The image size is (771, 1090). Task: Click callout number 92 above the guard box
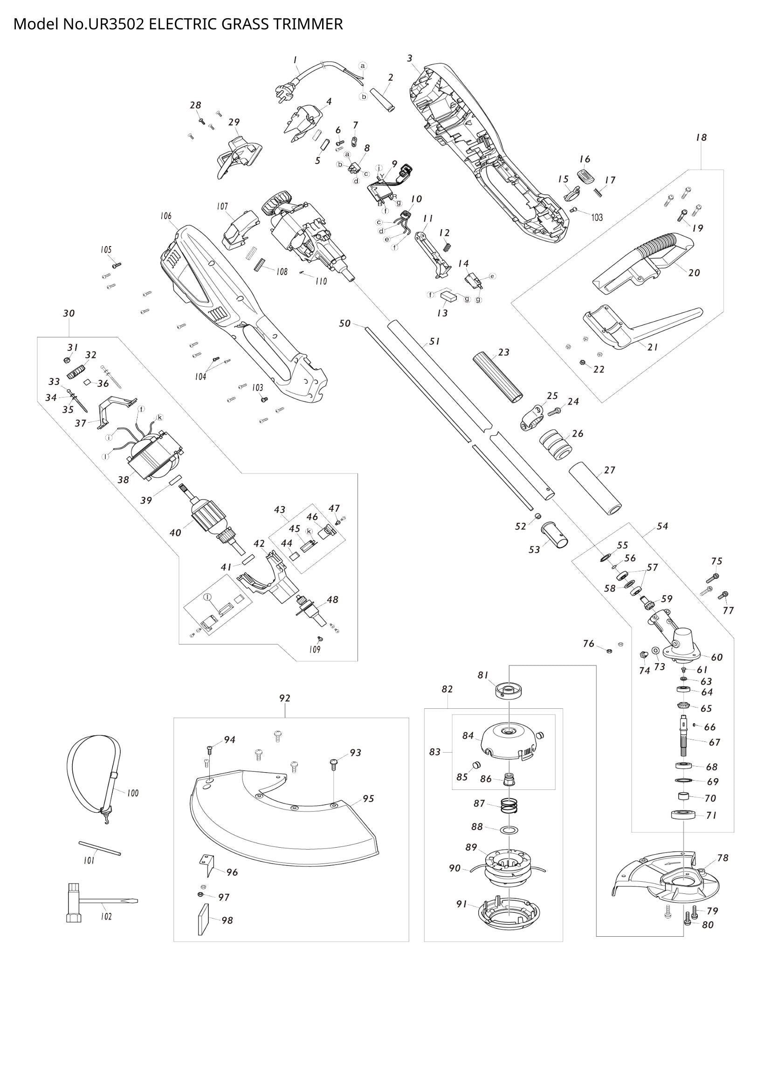point(284,699)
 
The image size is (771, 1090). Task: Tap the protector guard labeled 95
point(285,826)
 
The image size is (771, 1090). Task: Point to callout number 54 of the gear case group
point(662,526)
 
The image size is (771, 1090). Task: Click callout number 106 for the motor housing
point(165,217)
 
